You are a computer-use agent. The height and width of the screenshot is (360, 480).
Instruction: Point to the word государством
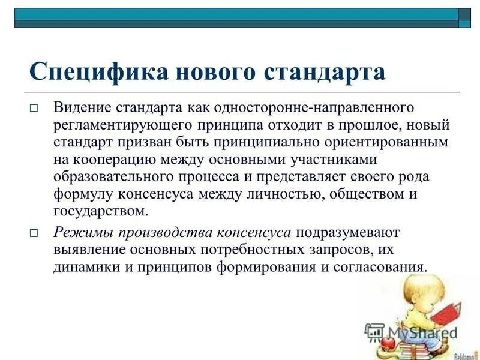100,211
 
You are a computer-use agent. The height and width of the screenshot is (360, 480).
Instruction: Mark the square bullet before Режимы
34,233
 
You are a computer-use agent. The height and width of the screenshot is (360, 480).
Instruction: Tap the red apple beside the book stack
388,342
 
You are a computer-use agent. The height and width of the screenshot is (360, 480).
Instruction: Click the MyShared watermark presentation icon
374,332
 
